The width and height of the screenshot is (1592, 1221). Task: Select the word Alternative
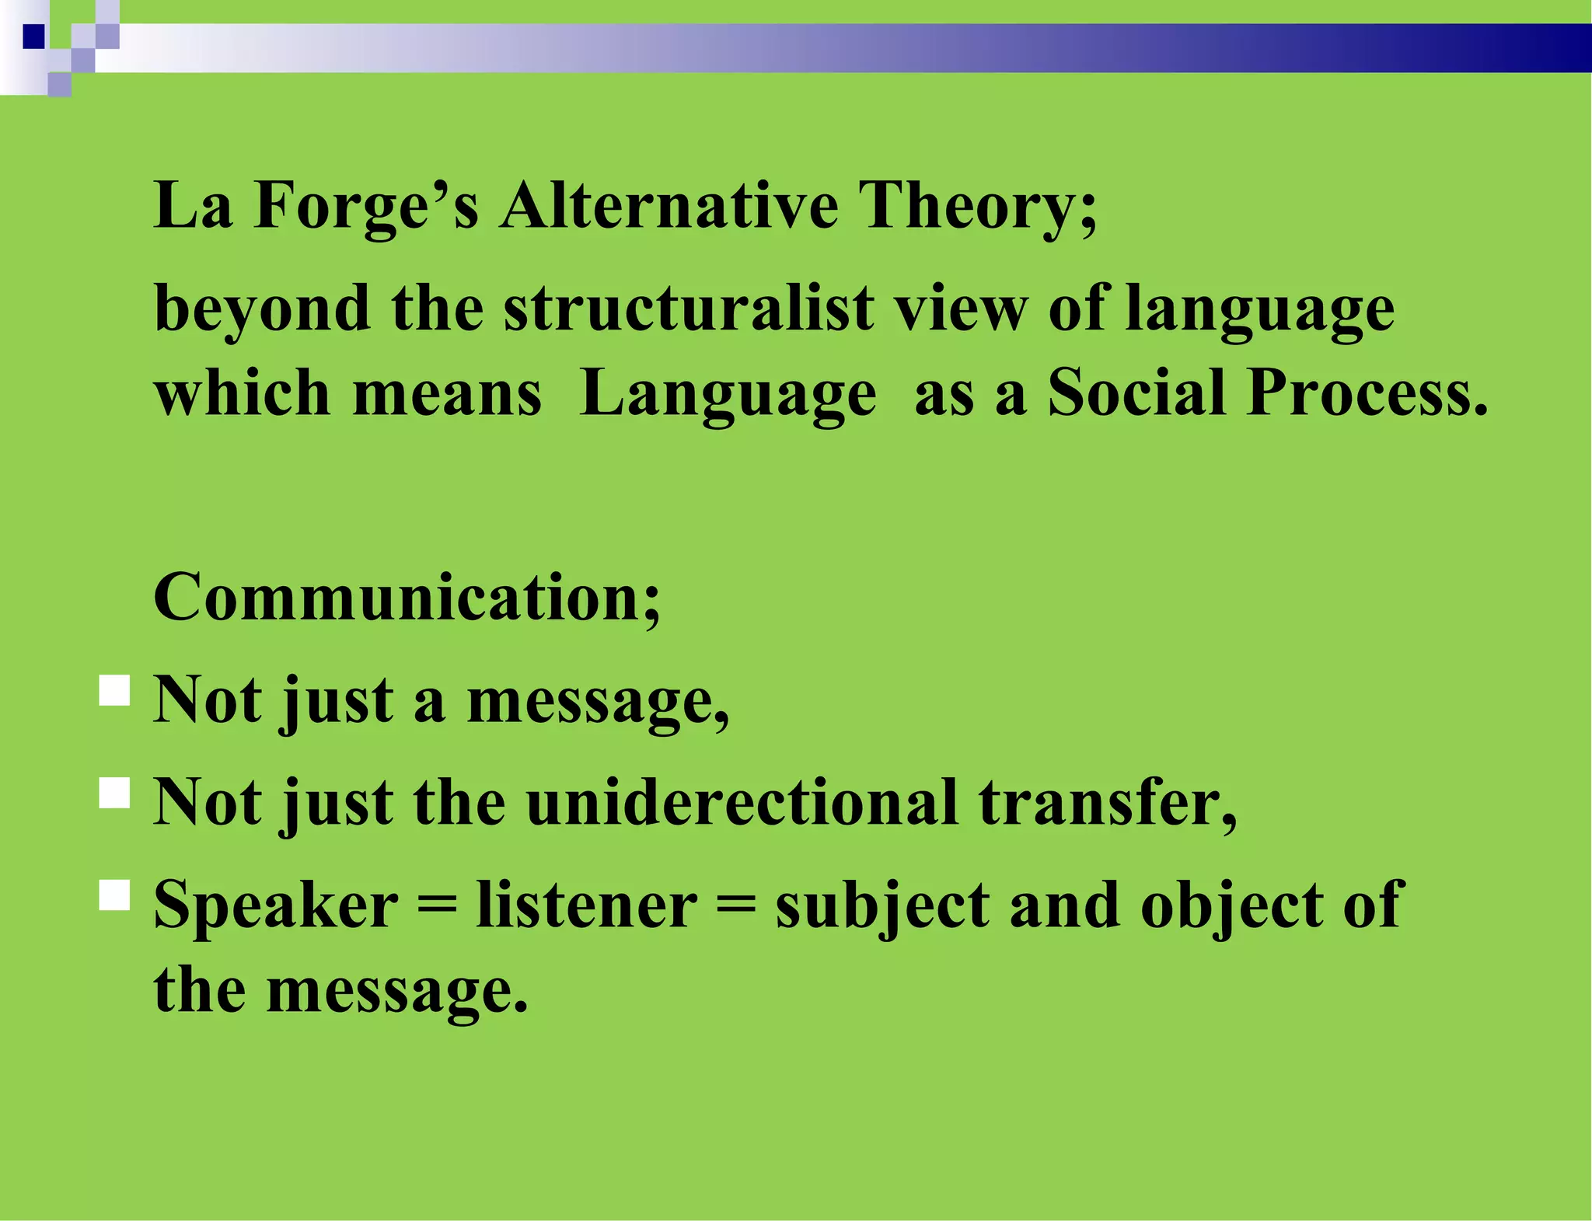click(x=669, y=206)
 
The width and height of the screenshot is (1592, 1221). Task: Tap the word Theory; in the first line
click(x=977, y=206)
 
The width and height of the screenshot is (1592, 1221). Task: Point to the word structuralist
click(x=689, y=309)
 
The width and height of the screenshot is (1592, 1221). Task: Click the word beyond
click(x=262, y=309)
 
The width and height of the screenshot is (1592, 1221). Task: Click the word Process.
click(x=1367, y=392)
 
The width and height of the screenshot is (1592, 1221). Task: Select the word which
click(x=243, y=392)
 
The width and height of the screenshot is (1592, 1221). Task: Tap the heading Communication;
click(x=407, y=598)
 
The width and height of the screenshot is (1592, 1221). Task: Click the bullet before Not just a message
click(x=115, y=690)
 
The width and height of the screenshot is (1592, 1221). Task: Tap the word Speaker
click(x=276, y=905)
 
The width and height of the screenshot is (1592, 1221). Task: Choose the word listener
click(x=587, y=905)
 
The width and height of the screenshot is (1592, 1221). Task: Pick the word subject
click(x=882, y=907)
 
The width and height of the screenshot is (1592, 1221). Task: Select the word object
click(x=1232, y=907)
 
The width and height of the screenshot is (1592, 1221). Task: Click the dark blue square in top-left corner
click(x=34, y=37)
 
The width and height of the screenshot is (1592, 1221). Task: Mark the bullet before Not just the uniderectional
click(x=115, y=794)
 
